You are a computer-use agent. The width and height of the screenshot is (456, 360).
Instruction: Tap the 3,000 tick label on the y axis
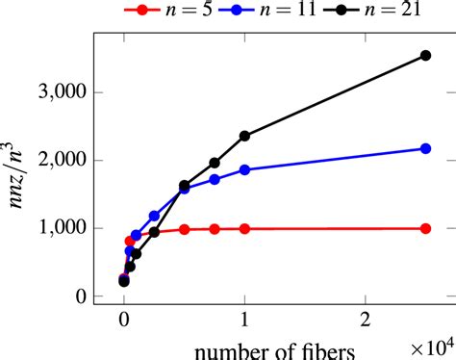[59, 92]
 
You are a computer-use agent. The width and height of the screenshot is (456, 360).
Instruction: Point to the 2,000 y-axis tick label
[59, 161]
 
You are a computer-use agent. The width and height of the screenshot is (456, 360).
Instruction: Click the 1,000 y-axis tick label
[59, 229]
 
